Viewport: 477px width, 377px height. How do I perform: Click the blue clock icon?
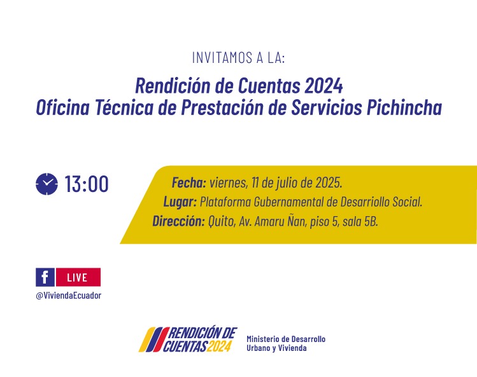click(46, 184)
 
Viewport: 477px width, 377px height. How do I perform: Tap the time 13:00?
click(87, 184)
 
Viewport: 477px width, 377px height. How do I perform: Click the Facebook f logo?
click(45, 277)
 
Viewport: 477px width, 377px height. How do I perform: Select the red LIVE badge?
click(78, 277)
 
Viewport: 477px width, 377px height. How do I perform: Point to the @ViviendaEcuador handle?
click(68, 295)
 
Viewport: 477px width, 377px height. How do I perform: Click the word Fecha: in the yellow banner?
click(189, 182)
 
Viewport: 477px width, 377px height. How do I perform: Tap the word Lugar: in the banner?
click(180, 202)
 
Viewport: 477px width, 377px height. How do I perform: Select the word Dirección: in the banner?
click(178, 221)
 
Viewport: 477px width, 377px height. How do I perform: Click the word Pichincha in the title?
click(404, 107)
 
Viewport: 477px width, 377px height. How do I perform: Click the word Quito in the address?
click(222, 221)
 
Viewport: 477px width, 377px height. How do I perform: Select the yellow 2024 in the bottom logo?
click(218, 346)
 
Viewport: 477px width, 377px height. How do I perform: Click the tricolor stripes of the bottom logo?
click(153, 339)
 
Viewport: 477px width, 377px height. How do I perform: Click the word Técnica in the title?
click(124, 107)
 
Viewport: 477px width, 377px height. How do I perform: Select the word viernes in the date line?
click(229, 183)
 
